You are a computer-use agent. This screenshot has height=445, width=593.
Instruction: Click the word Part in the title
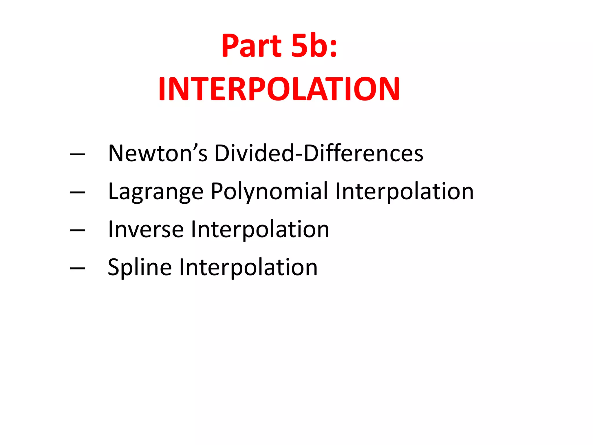click(x=251, y=46)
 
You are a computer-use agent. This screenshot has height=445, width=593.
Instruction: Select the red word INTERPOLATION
click(x=279, y=89)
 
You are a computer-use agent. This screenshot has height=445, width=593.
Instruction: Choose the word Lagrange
click(x=156, y=192)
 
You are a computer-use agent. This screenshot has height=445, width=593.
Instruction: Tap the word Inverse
click(x=146, y=229)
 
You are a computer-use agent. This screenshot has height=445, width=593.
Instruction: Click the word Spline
click(x=140, y=267)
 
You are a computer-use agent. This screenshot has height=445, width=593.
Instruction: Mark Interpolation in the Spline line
click(x=248, y=267)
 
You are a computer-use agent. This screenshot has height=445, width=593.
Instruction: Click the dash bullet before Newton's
click(x=78, y=154)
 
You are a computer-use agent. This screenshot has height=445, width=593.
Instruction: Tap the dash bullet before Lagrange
click(x=78, y=192)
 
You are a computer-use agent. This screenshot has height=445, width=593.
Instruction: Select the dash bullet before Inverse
click(x=78, y=230)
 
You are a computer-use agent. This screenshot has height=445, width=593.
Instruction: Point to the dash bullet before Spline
click(x=78, y=268)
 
